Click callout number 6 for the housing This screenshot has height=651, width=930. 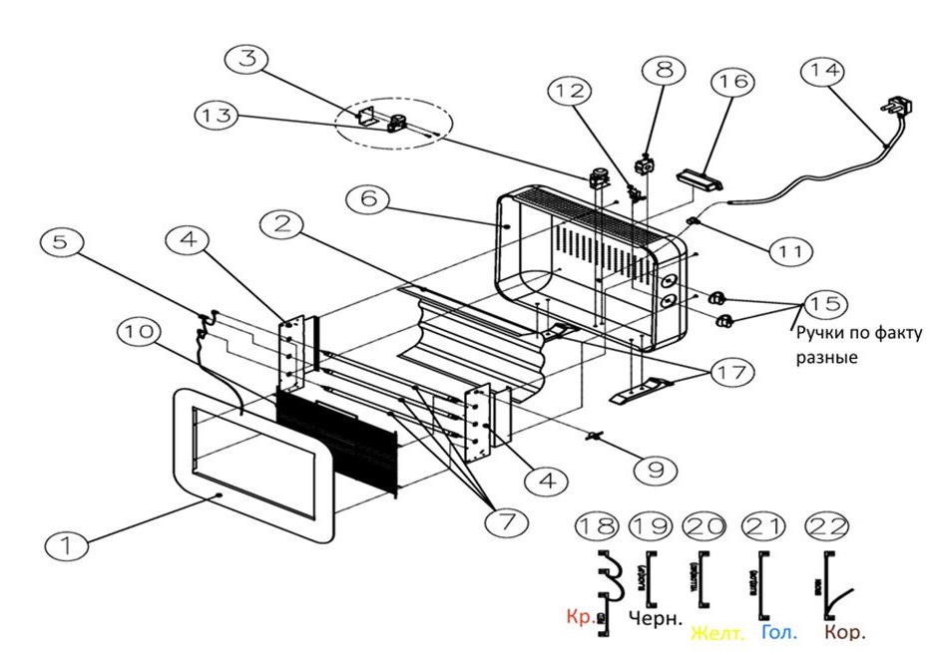(x=369, y=198)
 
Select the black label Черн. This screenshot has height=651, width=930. (x=656, y=618)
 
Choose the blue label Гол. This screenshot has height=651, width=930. (x=779, y=632)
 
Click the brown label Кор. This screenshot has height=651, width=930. (x=843, y=632)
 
